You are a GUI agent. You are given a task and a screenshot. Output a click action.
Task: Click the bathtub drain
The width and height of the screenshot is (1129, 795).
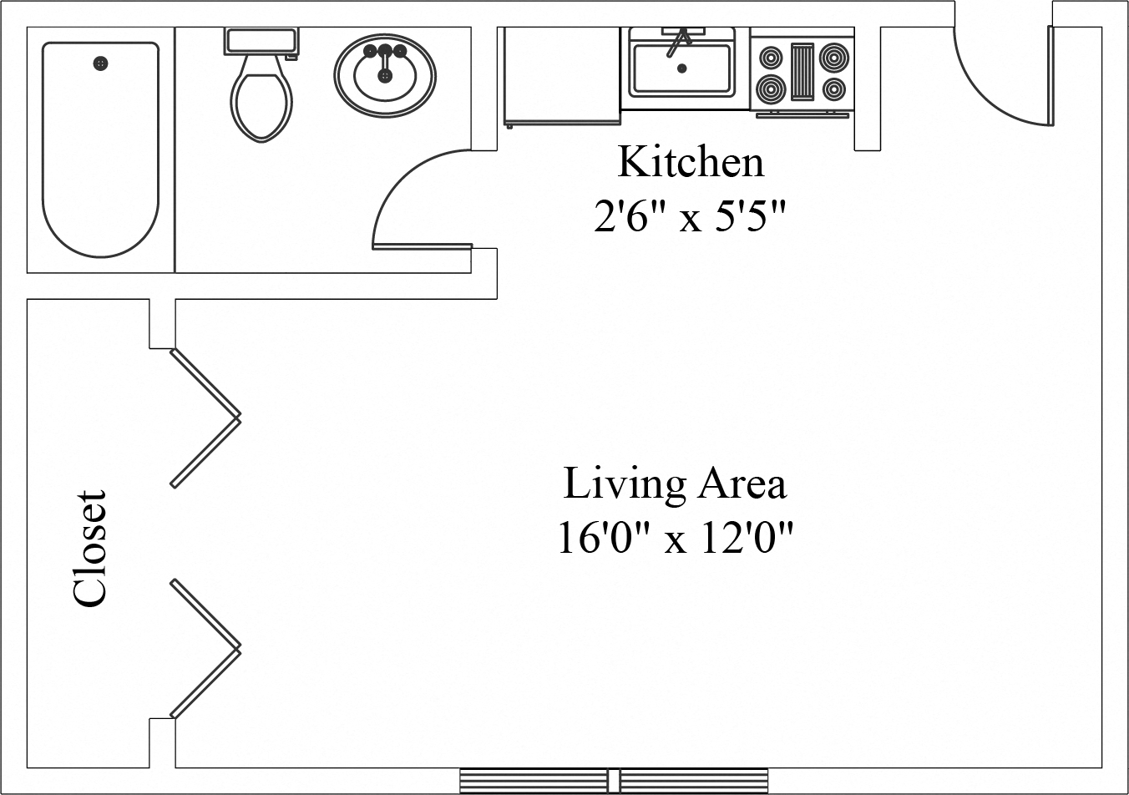coord(101,63)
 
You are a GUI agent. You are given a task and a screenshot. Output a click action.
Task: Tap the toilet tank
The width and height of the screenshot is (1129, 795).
coord(261,41)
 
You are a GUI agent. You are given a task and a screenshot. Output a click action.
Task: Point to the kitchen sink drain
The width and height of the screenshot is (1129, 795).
coord(681,68)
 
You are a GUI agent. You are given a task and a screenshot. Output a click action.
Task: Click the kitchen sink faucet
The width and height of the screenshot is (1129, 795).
coord(678,40)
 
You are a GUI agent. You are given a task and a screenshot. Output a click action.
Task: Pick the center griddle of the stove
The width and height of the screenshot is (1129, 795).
coord(802,72)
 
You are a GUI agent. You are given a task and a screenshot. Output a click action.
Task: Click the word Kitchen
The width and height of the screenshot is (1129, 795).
coord(690,162)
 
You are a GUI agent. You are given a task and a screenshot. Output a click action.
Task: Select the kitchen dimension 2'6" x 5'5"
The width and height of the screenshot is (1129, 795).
coord(690,219)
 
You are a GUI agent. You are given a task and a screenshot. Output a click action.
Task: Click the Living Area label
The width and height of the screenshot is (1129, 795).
coord(675,484)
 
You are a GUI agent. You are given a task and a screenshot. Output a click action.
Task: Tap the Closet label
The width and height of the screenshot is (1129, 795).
coord(90,548)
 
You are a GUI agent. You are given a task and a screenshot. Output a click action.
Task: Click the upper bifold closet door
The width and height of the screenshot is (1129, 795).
coord(206,418)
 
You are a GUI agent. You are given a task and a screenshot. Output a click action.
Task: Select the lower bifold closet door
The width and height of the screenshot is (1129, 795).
coord(206,648)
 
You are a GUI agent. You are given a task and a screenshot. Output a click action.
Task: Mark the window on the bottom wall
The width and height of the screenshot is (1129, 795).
coord(613,780)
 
